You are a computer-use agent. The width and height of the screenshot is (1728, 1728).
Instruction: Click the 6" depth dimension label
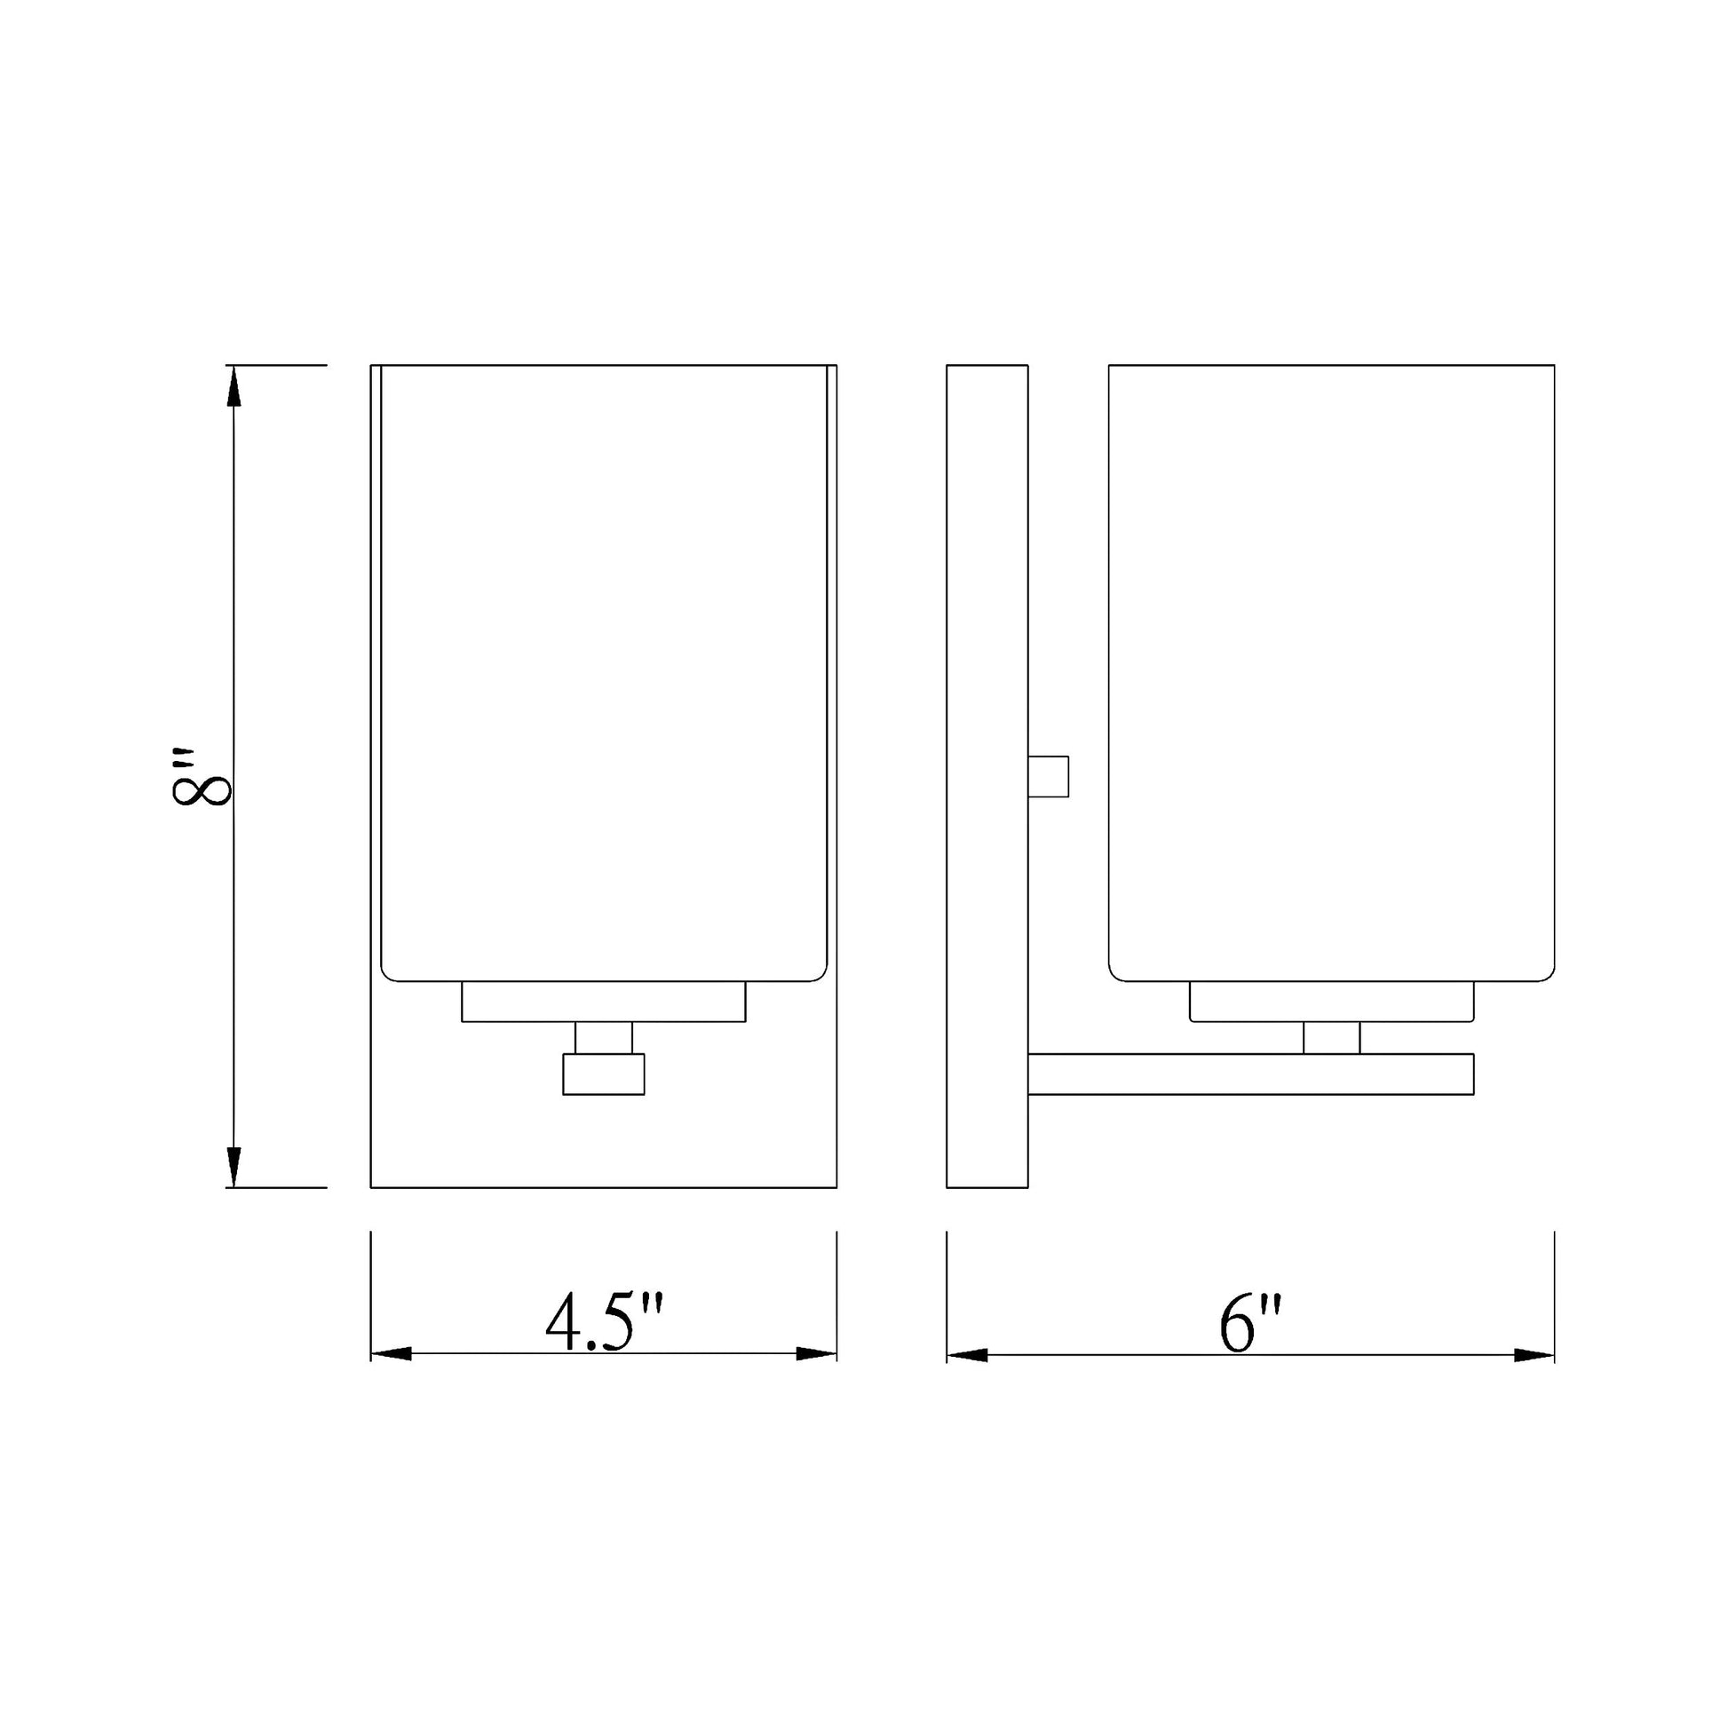[x=1250, y=1324]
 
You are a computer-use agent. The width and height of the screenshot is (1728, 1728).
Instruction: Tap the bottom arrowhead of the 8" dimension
[x=234, y=1166]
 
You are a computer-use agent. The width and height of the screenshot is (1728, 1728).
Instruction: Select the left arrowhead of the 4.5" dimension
[x=392, y=1353]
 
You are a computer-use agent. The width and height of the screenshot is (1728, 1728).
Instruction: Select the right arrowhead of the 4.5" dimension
[x=816, y=1353]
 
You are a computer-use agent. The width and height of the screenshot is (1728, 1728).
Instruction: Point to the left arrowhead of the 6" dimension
[x=968, y=1355]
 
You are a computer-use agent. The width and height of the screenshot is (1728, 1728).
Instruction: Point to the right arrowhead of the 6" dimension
[x=1534, y=1355]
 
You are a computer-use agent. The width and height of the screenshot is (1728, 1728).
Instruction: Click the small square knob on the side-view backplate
[x=1048, y=775]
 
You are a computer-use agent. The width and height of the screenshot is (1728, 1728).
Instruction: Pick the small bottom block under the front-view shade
[x=604, y=1074]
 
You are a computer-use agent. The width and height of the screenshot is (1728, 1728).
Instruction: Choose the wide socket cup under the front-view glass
[x=604, y=1002]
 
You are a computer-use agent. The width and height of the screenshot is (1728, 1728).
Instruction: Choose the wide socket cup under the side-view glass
[x=1331, y=1002]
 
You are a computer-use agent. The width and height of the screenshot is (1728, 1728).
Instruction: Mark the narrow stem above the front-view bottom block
[x=604, y=1037]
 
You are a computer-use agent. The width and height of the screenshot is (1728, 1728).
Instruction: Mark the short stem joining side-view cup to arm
[x=1331, y=1037]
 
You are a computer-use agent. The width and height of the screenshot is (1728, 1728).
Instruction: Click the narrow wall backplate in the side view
[x=987, y=776]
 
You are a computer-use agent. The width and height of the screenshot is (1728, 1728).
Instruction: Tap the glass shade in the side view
[x=1331, y=670]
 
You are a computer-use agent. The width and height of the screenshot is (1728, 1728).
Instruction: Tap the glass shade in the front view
[x=604, y=670]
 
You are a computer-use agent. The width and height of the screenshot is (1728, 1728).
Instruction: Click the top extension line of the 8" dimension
[x=277, y=365]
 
